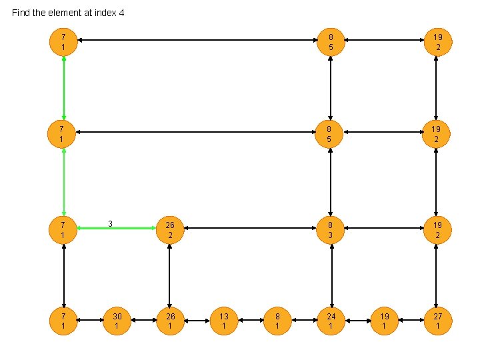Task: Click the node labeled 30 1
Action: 117,321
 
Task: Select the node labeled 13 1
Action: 224,321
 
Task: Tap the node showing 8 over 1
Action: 277,321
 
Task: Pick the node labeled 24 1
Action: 331,321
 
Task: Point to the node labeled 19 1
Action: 384,321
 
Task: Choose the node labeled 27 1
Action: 437,321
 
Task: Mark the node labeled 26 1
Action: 170,321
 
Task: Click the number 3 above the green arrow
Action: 111,223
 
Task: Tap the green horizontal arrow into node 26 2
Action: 117,229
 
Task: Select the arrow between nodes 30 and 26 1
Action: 143,321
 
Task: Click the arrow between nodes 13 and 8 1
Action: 251,321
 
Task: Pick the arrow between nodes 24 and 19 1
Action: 357,321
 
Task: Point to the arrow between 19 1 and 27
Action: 411,321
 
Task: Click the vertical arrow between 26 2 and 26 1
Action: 170,275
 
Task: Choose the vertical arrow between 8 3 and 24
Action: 331,275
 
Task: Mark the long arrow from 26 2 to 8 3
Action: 250,229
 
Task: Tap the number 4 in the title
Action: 122,13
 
